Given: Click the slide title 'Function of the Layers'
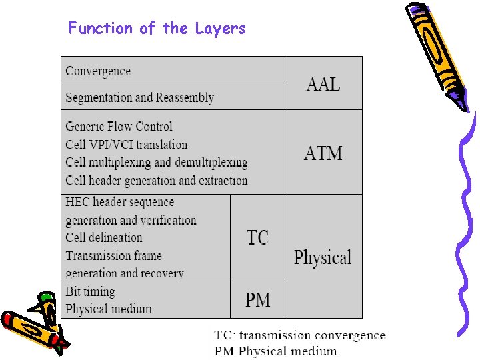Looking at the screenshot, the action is coord(157,29).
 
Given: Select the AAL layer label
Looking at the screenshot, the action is coord(323,84).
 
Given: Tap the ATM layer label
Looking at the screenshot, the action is coord(323,153).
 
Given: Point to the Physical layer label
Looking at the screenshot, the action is coord(323,257).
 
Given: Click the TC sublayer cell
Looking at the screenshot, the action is coord(257,237).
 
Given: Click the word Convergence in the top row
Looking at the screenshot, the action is coord(98,71).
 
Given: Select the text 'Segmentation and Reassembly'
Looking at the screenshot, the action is coord(139,97).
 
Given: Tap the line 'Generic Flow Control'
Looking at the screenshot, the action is coord(119,126).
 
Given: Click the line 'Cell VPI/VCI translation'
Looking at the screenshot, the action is coord(126,145).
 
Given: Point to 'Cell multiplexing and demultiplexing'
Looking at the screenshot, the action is coord(157,163).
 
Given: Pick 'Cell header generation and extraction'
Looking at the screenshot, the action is coord(157,181).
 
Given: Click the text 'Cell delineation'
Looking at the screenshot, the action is coord(104,237).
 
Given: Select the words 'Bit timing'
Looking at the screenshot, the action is coord(90,292).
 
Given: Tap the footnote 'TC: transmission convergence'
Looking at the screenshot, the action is coord(300,335).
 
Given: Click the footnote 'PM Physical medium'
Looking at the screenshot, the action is coord(275,351).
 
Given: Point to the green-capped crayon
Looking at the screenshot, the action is coord(47,311).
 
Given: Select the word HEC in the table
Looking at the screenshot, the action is coord(77,202).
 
